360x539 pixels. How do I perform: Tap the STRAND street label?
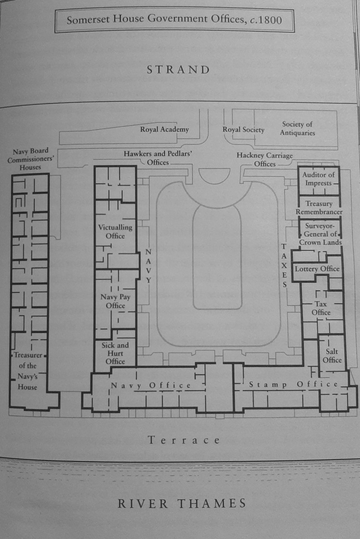point(178,70)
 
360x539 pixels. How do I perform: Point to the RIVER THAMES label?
point(182,503)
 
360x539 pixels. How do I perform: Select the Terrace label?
point(184,441)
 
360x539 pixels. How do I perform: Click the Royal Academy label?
point(164,129)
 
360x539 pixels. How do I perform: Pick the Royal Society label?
point(243,129)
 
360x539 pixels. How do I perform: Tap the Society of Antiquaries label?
point(298,129)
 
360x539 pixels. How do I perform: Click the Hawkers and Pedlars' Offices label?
point(158,158)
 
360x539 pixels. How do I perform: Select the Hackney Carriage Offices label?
point(265,160)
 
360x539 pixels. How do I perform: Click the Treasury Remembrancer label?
point(319,208)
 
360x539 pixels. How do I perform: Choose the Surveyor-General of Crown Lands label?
point(320,234)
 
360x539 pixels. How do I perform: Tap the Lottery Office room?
point(317,269)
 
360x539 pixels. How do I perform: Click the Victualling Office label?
point(115,232)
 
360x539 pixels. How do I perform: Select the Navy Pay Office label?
point(116,301)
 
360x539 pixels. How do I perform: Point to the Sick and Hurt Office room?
point(115,352)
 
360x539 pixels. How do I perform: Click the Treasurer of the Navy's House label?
point(28,371)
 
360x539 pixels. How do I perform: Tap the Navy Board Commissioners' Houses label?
point(31,159)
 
